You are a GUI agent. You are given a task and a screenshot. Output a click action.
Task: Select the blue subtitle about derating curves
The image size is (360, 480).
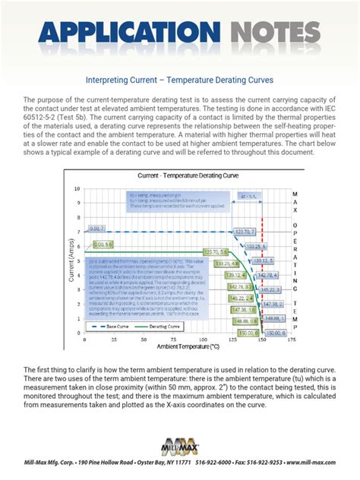[180, 80]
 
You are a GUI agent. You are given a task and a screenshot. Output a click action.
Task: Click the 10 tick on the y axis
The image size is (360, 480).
[79, 188]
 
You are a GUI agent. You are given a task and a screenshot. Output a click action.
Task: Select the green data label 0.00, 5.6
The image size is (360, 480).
[104, 244]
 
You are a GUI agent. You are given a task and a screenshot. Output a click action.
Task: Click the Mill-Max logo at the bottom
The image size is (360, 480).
[180, 447]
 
